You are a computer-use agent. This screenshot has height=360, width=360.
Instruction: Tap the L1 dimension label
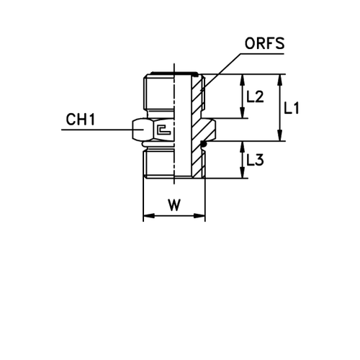coord(292,109)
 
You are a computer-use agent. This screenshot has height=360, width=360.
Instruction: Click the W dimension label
coord(174,206)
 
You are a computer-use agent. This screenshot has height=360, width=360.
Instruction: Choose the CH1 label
coord(81,120)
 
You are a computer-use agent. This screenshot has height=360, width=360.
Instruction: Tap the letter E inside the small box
coord(164,130)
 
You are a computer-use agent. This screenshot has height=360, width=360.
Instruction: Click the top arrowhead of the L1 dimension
coord(281,77)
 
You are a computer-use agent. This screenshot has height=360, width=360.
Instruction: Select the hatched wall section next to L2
coord(197,97)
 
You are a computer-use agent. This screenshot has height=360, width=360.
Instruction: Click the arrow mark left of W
coord(150,216)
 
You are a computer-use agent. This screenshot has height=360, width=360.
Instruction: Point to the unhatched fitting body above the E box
coord(158,94)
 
